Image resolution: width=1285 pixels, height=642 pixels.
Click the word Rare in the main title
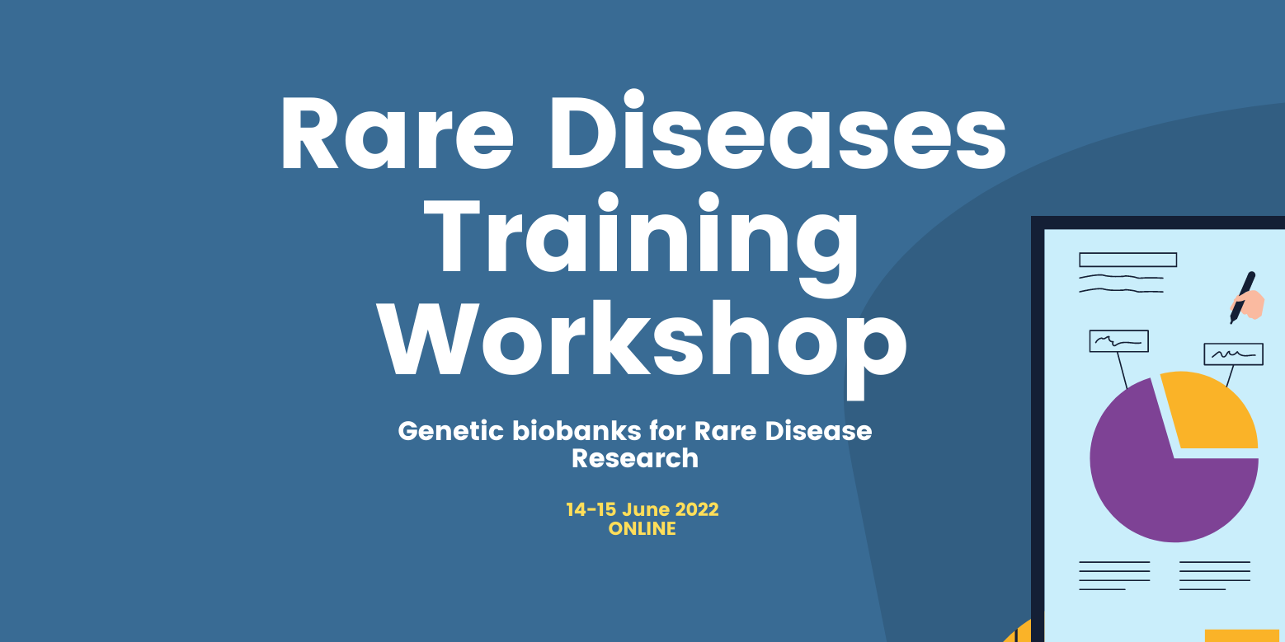tap(397, 134)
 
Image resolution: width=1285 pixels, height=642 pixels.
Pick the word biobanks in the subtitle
tap(577, 430)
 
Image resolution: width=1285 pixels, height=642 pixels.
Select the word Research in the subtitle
tap(635, 458)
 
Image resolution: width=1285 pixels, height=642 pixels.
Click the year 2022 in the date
tap(696, 509)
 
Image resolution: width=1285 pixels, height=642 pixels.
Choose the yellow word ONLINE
tap(642, 528)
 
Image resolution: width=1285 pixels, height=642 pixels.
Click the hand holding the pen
tap(1250, 304)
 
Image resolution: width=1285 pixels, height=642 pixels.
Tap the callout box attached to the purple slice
tap(1118, 341)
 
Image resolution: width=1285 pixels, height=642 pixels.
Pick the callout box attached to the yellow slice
tap(1233, 354)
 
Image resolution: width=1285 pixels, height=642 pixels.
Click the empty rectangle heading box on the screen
tap(1127, 260)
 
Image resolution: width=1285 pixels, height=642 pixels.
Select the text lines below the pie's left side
tap(1114, 575)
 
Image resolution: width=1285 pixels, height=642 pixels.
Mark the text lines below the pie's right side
tap(1214, 575)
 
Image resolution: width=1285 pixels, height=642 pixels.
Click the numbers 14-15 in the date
tap(591, 509)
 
